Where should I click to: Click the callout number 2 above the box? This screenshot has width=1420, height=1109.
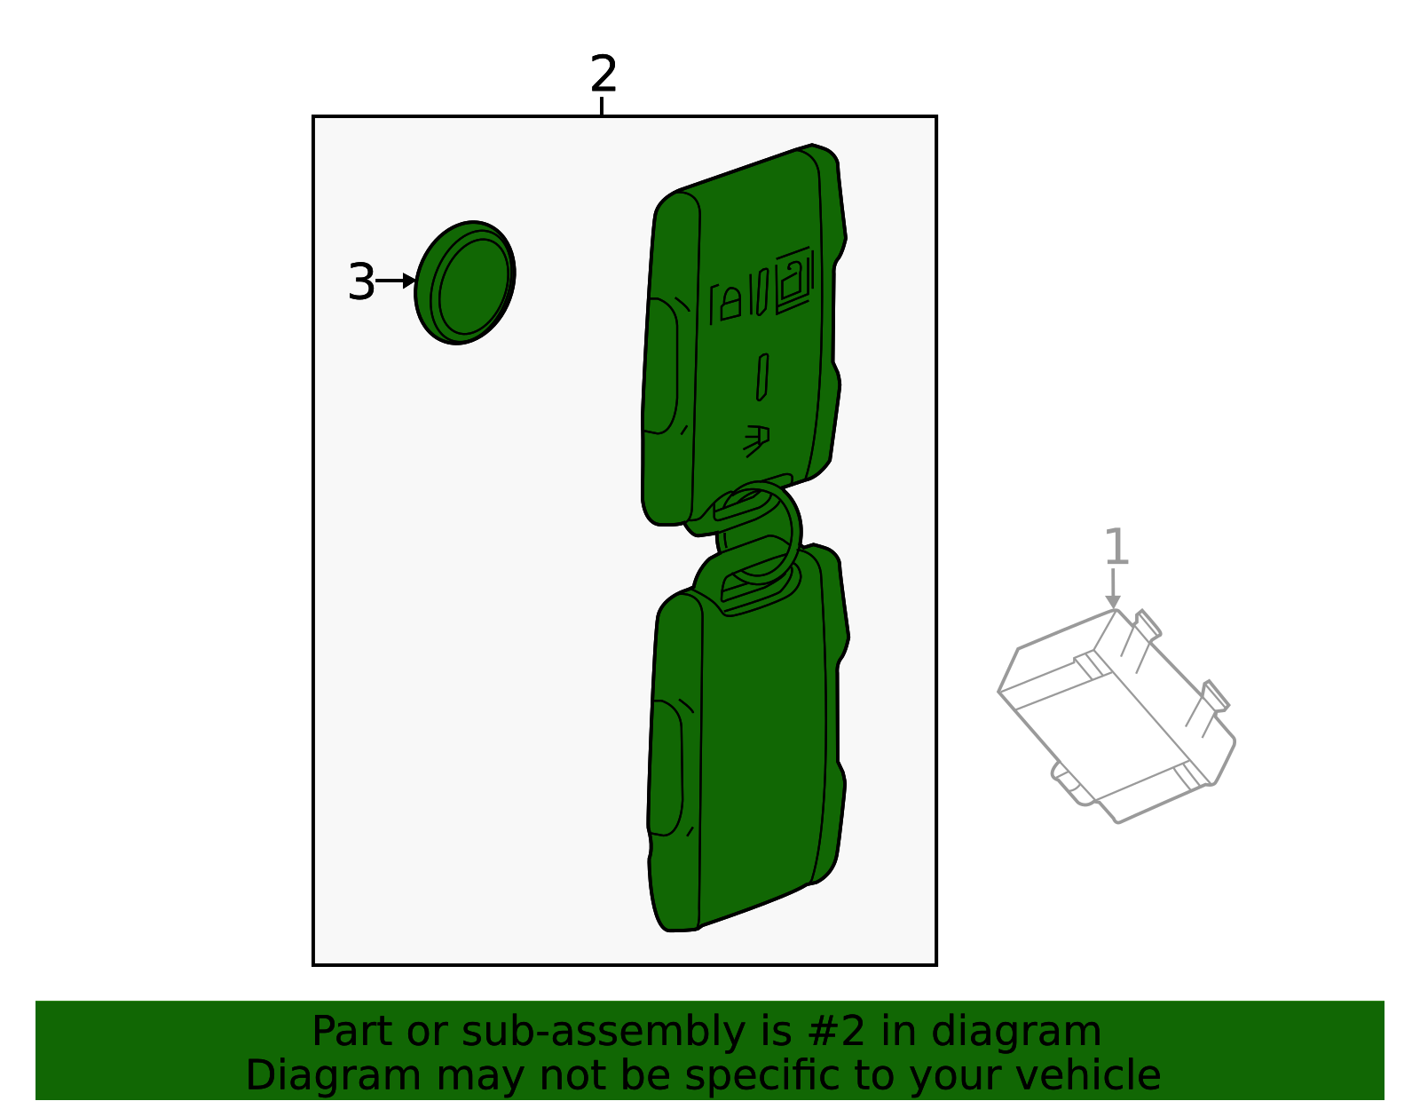pos(603,74)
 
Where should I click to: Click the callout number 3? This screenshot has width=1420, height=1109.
pos(361,282)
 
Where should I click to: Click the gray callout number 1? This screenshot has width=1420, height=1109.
pos(1116,547)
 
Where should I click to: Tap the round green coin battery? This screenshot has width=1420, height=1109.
pos(465,283)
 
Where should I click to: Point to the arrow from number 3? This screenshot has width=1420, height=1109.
pos(395,281)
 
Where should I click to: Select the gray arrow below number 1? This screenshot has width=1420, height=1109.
pos(1113,588)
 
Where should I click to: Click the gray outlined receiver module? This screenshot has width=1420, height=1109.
pos(1116,715)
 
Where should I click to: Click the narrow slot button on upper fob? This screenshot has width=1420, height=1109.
pos(762,377)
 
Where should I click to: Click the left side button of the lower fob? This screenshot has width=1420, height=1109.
pos(666,768)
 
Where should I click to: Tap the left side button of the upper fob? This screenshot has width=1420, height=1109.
pos(661,366)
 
